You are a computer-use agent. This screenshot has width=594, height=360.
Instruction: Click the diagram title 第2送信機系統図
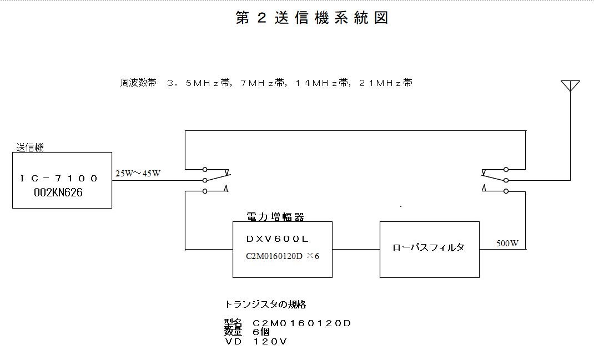point(312,18)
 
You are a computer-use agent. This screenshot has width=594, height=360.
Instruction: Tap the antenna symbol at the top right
point(570,86)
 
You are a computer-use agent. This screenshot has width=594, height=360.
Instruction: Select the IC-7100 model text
point(59,178)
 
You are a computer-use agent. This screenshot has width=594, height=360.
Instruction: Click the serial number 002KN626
point(58,192)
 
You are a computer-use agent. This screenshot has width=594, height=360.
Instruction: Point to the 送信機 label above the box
point(30,147)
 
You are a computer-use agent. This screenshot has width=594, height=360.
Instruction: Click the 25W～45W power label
point(138,174)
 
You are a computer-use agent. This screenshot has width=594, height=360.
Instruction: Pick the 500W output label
point(507,244)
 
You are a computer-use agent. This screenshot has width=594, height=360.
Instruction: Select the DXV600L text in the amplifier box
point(278,239)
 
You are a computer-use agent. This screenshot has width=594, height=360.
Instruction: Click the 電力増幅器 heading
point(275,216)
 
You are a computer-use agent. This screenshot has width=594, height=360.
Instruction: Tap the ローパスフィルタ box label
point(429,247)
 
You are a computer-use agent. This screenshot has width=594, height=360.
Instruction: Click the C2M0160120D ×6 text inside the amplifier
point(283,256)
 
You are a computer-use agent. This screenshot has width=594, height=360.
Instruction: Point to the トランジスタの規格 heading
point(265,305)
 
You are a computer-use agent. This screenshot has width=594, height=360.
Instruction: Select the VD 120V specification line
point(256,342)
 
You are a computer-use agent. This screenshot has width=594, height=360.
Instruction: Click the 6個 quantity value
point(261,332)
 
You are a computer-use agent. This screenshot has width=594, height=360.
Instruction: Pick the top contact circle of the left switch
point(205,169)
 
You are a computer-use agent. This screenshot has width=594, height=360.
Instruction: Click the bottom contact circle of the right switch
point(506,191)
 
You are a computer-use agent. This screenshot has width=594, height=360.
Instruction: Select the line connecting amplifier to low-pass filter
point(356,250)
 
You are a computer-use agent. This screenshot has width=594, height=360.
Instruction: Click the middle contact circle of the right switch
point(506,181)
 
